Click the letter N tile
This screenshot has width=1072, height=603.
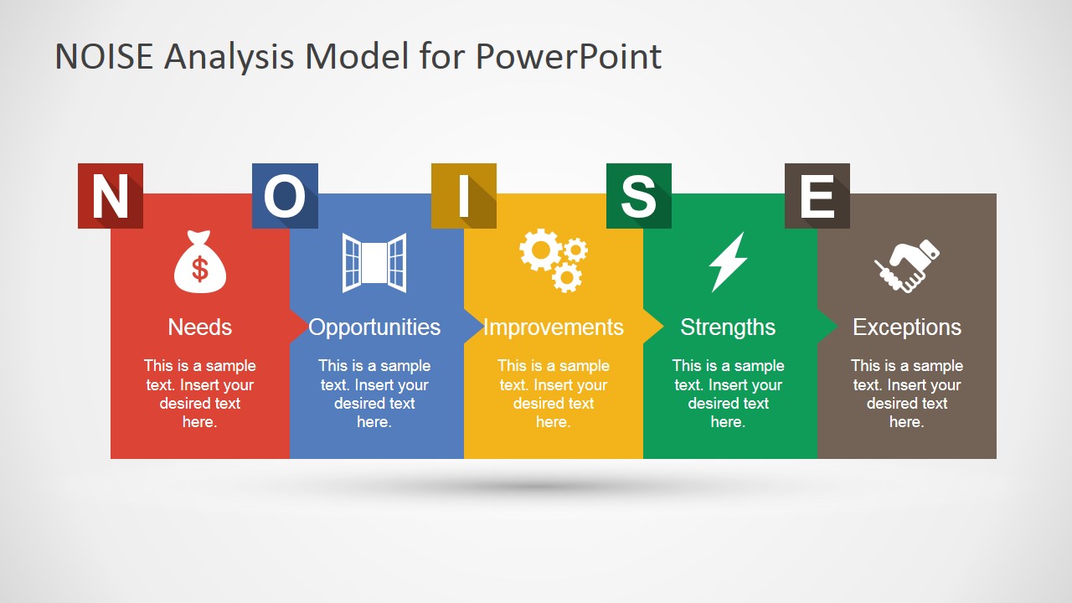(x=110, y=196)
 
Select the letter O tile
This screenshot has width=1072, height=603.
(x=285, y=196)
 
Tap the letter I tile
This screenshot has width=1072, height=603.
(x=463, y=196)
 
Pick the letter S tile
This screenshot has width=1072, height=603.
(x=638, y=196)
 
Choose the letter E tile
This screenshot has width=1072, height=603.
(x=817, y=196)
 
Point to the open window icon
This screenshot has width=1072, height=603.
(x=374, y=262)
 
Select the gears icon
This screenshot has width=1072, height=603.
(x=553, y=260)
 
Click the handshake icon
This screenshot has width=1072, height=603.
(x=906, y=265)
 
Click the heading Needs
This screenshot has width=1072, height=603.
(x=199, y=327)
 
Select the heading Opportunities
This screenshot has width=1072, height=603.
(x=374, y=327)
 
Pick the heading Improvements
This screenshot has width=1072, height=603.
(x=553, y=327)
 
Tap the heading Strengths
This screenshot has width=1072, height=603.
(x=728, y=327)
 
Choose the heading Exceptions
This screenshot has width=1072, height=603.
(x=907, y=327)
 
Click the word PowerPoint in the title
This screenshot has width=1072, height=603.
(x=569, y=56)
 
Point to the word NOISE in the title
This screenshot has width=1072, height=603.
(x=105, y=56)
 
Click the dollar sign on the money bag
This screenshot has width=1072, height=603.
(x=199, y=269)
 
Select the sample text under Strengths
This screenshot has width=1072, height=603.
(x=728, y=394)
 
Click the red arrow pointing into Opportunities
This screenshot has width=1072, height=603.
(x=298, y=326)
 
